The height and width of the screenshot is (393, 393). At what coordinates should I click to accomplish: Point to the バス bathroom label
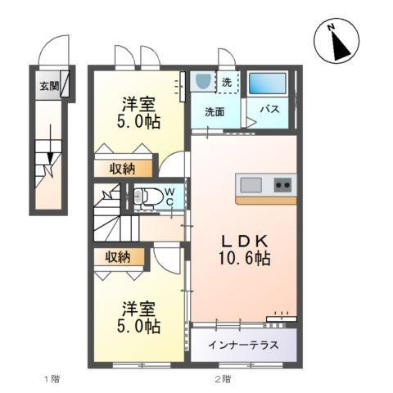[x=271, y=109]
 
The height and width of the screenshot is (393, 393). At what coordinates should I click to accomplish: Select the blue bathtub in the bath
[x=267, y=84]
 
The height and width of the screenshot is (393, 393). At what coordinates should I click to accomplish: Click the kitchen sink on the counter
[x=249, y=183]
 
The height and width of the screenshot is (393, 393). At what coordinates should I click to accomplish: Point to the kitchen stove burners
[x=282, y=184]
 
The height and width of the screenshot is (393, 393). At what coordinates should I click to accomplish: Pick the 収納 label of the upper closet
[x=122, y=169]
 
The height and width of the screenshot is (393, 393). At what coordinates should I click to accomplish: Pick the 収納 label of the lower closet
[x=117, y=257]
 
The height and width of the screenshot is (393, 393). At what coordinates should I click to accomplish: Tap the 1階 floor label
[x=51, y=379]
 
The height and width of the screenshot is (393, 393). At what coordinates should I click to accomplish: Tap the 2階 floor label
[x=222, y=379]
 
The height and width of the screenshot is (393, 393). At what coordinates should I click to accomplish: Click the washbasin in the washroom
[x=203, y=82]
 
